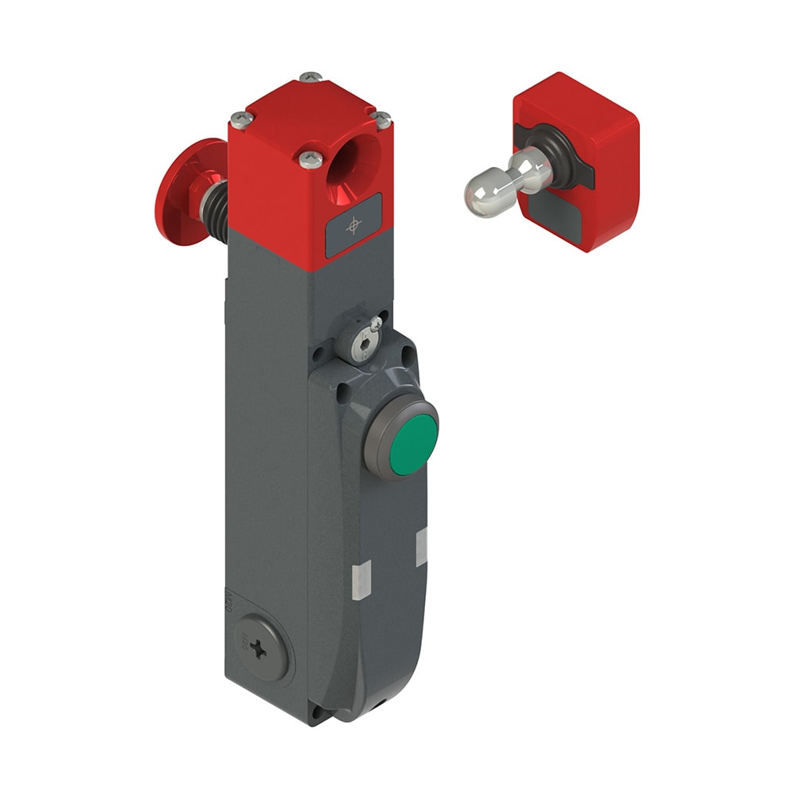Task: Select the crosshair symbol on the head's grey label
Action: point(353,228)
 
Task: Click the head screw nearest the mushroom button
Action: point(240,119)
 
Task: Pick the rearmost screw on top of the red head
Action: point(310,77)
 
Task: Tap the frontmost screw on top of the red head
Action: point(311,159)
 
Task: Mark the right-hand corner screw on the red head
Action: point(382,119)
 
